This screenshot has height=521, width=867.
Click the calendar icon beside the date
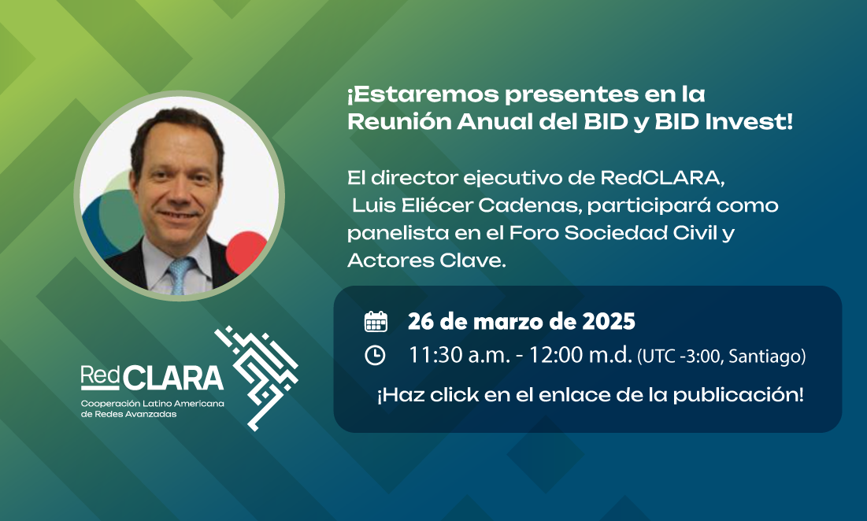(x=376, y=322)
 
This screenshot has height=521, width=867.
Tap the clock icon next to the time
(x=375, y=355)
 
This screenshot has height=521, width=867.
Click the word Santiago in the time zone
(x=766, y=357)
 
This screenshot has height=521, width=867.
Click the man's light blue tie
(x=180, y=275)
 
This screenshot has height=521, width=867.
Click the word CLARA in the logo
(x=173, y=378)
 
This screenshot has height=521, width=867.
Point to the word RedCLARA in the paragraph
(x=661, y=178)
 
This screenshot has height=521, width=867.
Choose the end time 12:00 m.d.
(x=580, y=355)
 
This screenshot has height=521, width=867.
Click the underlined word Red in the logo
(x=100, y=376)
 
